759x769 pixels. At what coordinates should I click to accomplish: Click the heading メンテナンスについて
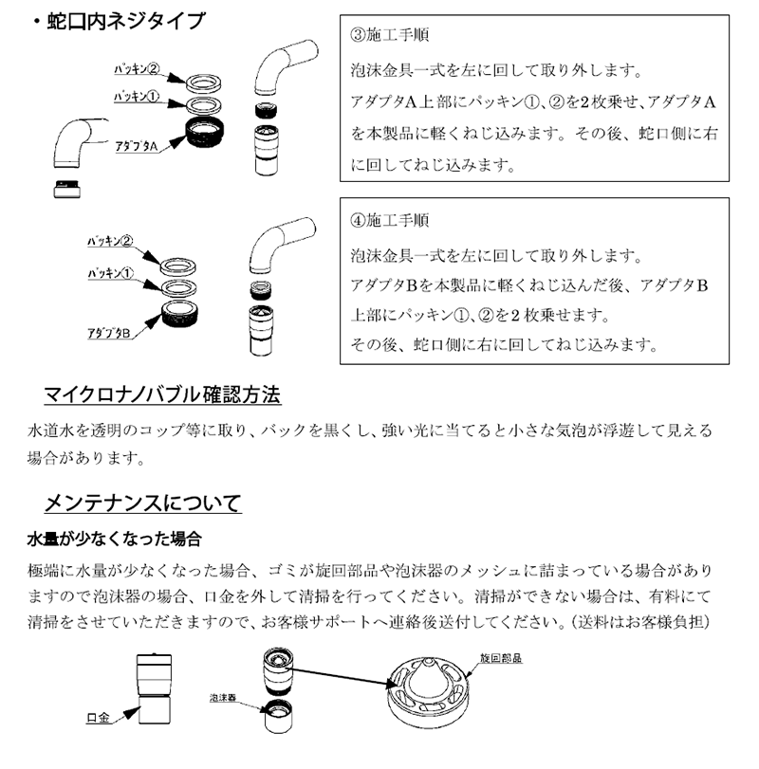point(142,502)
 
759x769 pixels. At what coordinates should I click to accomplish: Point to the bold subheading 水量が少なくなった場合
point(114,539)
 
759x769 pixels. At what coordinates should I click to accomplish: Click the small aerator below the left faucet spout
point(66,187)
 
